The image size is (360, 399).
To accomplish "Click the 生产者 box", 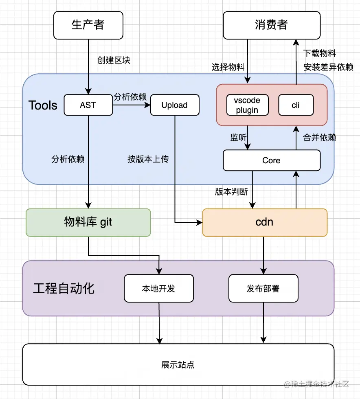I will (88, 25).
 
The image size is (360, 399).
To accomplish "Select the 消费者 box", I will (271, 25).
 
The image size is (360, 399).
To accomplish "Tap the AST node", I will (88, 105).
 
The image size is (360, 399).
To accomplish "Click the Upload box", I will (174, 105).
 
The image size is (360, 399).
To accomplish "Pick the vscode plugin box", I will (247, 105).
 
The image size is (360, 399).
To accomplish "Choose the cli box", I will (296, 105).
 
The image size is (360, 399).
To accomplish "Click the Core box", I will (271, 160).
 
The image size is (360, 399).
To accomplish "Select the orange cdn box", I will (264, 222).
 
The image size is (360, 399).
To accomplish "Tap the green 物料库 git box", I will (88, 222).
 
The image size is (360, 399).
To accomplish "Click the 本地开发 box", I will (158, 288).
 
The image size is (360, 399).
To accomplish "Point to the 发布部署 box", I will (263, 288).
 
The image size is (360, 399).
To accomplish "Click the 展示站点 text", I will (178, 364).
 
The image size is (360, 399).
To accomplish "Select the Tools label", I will (43, 105).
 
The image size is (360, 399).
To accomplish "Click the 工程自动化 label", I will (64, 289).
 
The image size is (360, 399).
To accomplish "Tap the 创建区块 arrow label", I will (114, 60).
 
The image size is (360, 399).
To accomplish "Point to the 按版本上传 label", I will (148, 159).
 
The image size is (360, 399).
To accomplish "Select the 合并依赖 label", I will (320, 137).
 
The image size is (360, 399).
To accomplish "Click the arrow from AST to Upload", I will (131, 105).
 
